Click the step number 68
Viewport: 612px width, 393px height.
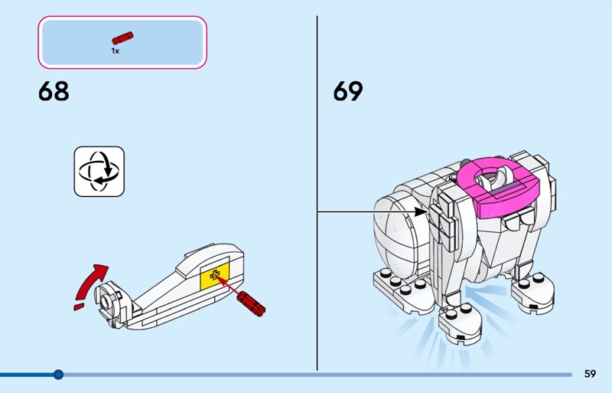(54, 91)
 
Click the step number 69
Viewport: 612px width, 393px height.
(348, 91)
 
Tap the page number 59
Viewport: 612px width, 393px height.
(590, 374)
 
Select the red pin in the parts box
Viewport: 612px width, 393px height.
(122, 37)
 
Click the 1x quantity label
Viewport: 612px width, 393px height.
(116, 51)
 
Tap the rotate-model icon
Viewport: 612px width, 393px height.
(99, 171)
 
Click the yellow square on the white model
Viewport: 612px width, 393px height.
(213, 277)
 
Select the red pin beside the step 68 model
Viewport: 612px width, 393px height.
(251, 302)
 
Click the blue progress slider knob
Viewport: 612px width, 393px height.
(58, 375)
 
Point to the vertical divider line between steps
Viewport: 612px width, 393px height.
(317, 192)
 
